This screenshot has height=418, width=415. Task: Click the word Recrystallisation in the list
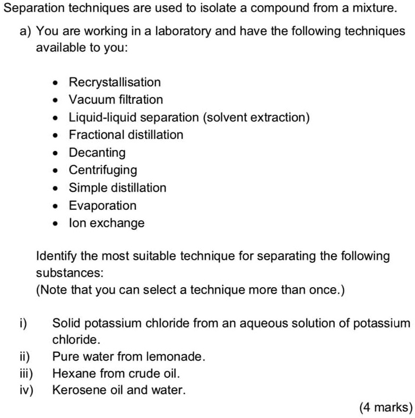[115, 82]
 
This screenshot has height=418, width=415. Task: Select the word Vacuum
[92, 100]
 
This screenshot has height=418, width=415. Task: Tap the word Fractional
[96, 135]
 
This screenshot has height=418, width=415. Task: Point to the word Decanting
[97, 153]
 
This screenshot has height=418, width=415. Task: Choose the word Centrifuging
[103, 170]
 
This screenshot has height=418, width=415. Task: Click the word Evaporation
[103, 206]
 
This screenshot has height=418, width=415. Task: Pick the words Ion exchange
[107, 223]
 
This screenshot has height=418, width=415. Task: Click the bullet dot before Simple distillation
[57, 188]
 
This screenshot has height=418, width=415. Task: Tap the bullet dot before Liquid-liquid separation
[57, 118]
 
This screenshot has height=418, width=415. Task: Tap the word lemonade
[177, 357]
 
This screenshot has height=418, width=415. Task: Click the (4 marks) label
[385, 407]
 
